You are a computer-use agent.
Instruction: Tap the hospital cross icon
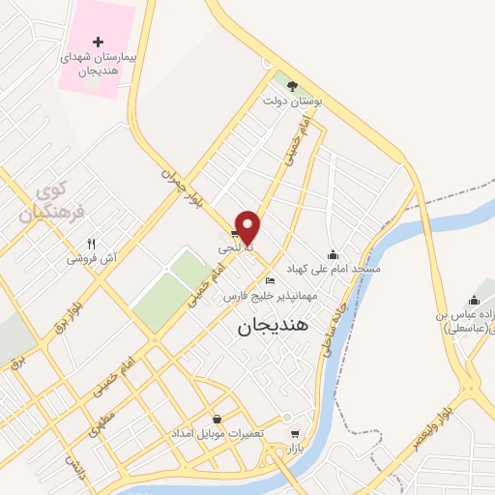[98, 42]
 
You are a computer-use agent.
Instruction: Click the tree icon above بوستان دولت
[293, 85]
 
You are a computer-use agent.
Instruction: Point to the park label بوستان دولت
[293, 100]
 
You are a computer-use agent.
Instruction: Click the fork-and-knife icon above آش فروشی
[92, 245]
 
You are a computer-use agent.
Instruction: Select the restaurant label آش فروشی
[92, 259]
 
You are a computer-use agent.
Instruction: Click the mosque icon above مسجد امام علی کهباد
[334, 254]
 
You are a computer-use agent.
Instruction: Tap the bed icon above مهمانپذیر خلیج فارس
[270, 280]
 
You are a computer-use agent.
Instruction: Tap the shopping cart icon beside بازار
[295, 433]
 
